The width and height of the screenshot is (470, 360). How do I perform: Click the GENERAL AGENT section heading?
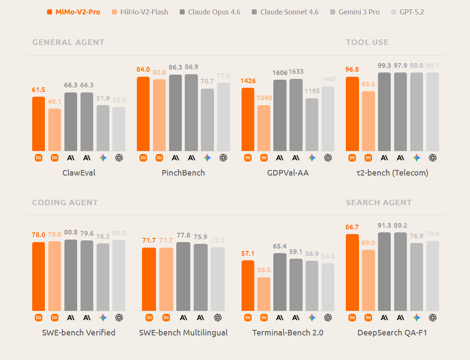[x=68, y=42]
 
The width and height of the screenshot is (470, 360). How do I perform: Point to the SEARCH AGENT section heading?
[x=378, y=202]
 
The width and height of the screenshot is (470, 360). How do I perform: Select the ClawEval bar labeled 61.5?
[x=39, y=124]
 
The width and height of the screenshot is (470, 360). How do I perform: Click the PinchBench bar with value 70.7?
[x=207, y=120]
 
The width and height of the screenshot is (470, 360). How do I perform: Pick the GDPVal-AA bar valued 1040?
[x=264, y=128]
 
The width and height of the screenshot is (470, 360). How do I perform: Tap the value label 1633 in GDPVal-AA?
[x=296, y=72]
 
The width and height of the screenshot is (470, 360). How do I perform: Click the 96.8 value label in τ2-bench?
[x=352, y=69]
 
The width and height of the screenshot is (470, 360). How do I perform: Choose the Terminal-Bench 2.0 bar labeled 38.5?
[x=264, y=294]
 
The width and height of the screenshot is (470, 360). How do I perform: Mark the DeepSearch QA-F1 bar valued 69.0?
[x=368, y=280]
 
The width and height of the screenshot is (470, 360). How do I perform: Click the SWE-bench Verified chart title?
[x=79, y=332]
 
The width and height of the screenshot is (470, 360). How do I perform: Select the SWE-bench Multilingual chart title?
[x=184, y=332]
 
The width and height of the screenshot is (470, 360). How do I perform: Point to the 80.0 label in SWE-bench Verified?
[x=119, y=233]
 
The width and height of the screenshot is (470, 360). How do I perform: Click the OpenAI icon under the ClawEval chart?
[x=119, y=158]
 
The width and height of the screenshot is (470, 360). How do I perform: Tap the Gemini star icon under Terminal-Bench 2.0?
[x=312, y=318]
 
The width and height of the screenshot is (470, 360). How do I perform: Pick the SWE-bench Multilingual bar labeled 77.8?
[x=183, y=276]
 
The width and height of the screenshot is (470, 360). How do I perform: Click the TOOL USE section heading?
[x=367, y=42]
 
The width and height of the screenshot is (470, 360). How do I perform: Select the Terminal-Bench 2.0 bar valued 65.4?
[x=280, y=282]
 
